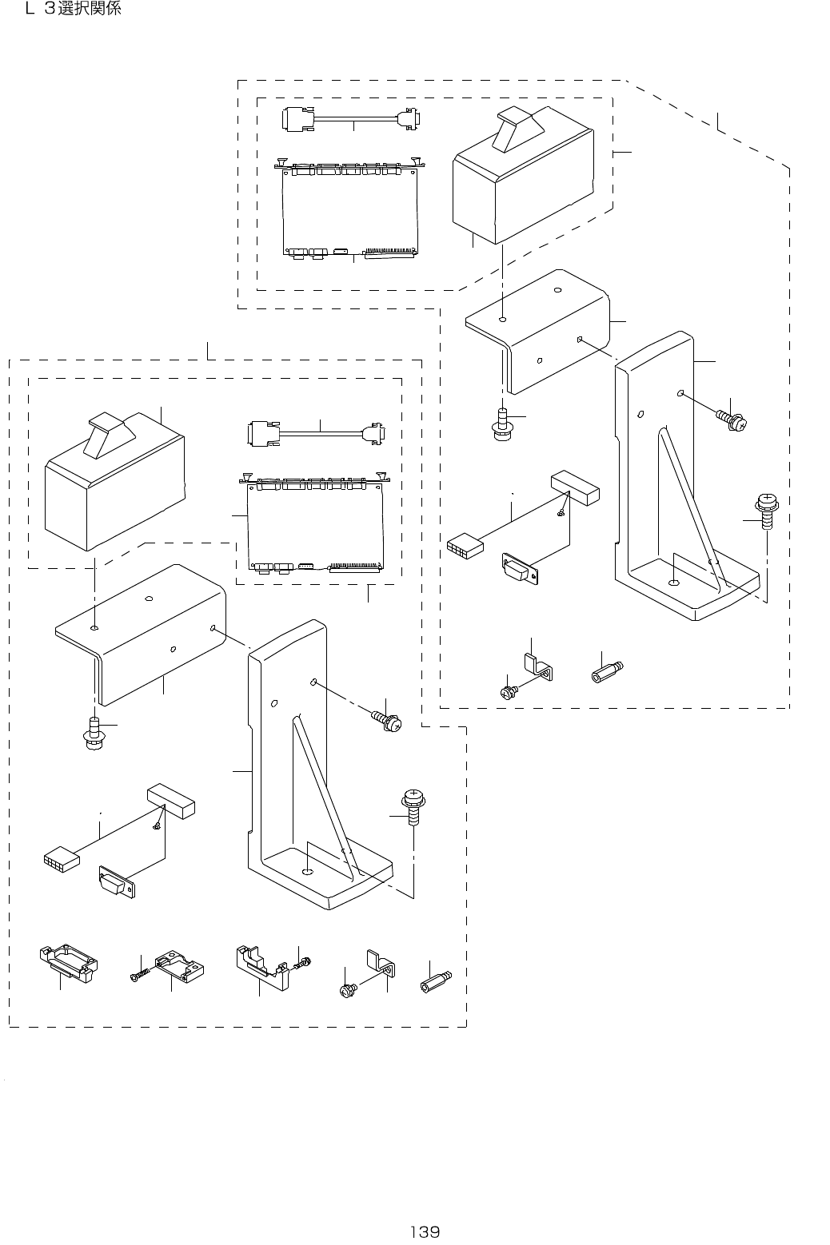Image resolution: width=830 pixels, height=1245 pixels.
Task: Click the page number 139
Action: [x=425, y=1231]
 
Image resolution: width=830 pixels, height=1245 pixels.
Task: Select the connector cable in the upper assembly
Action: [x=353, y=117]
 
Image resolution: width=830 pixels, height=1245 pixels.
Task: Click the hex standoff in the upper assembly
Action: [x=607, y=669]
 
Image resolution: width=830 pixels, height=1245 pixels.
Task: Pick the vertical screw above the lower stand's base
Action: [x=413, y=806]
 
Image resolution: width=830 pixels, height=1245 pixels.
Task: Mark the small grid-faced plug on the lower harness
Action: [x=62, y=859]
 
